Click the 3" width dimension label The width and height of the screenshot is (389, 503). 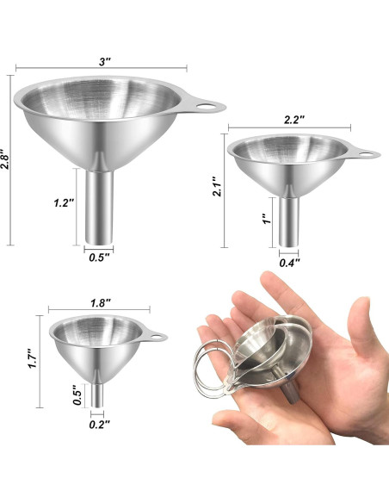(104, 61)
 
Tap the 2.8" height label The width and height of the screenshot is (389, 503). (4, 159)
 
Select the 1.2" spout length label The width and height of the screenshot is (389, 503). (64, 202)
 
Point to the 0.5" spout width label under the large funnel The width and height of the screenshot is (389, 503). (99, 258)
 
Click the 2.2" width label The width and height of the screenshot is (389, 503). (293, 120)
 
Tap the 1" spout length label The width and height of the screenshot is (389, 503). (267, 219)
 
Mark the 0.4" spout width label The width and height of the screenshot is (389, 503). (290, 263)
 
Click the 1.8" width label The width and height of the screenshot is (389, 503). (101, 303)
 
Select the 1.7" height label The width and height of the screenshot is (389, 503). (33, 358)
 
